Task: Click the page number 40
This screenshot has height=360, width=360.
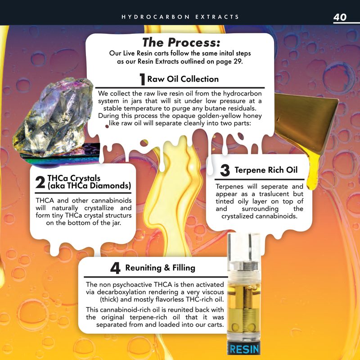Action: (x=340, y=17)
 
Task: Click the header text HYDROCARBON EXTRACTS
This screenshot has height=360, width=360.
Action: (x=180, y=17)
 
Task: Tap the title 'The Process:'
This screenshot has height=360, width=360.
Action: (x=181, y=42)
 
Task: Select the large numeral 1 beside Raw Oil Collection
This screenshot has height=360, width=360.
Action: (x=142, y=80)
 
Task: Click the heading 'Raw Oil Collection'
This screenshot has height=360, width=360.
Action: (x=183, y=79)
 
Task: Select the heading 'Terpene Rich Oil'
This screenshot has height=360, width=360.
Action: (x=266, y=170)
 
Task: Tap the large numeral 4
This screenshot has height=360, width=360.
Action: (x=115, y=268)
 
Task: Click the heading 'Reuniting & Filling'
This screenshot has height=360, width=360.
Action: (x=160, y=268)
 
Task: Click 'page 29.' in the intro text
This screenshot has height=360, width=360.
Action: (x=228, y=62)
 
